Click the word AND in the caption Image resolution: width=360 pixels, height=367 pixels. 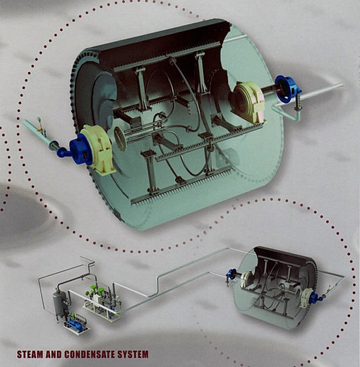[x=54, y=354]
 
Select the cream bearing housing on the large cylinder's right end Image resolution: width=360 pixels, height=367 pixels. [x=248, y=102]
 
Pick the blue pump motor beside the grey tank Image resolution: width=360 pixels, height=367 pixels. [x=75, y=325]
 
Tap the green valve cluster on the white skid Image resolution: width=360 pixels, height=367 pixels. [x=94, y=290]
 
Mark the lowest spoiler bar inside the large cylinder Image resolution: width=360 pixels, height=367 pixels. [x=181, y=185]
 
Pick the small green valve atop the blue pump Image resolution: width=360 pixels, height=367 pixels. [x=73, y=315]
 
